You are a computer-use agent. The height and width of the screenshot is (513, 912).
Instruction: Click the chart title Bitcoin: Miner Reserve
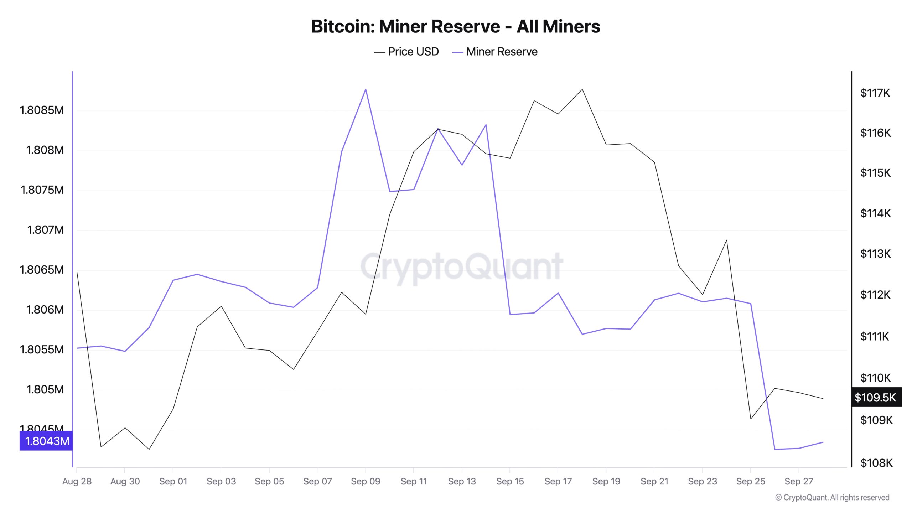pos(456,26)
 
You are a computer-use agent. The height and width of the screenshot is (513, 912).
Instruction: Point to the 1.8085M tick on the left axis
pos(42,110)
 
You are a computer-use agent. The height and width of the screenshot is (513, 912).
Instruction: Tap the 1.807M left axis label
pos(45,230)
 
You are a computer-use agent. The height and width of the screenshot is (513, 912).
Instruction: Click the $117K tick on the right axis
pos(875,93)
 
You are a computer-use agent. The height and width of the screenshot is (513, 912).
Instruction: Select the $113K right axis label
pos(875,254)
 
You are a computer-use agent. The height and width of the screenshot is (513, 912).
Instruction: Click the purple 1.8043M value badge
pos(46,441)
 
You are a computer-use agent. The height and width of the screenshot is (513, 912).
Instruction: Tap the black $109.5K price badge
pos(876,397)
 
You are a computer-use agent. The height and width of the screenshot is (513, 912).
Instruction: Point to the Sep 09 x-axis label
pos(366,481)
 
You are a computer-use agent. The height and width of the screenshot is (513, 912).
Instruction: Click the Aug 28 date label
pos(77,481)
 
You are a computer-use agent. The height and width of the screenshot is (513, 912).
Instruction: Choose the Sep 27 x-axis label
pos(799,481)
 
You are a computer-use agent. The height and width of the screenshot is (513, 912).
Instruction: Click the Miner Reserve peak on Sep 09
pos(366,89)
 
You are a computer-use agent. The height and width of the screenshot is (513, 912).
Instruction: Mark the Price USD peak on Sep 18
pos(582,89)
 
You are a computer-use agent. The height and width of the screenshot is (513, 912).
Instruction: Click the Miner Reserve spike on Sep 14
pos(486,125)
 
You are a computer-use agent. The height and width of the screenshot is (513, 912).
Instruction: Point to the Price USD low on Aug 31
pos(149,449)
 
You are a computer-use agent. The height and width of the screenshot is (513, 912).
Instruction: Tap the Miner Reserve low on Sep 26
pos(775,449)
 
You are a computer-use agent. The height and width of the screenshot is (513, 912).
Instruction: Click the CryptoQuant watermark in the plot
pos(462,266)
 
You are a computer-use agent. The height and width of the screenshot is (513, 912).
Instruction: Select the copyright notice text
pos(832,497)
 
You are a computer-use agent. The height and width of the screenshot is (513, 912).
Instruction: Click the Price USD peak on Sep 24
pos(726,240)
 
